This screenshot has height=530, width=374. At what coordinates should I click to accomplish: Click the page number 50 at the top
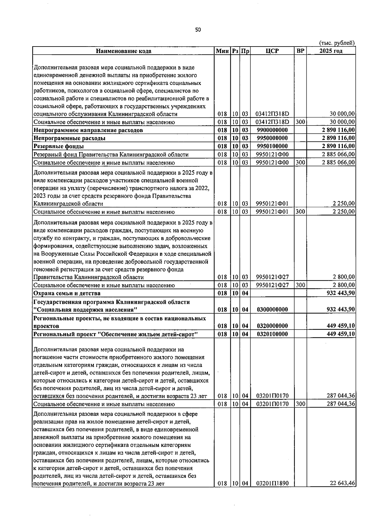(x=198, y=30)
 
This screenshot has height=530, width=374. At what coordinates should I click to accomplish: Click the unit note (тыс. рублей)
(x=337, y=43)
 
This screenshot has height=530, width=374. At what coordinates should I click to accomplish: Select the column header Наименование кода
(x=123, y=51)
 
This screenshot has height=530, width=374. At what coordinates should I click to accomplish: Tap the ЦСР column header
(x=272, y=51)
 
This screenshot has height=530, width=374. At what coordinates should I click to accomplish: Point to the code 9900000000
(x=272, y=130)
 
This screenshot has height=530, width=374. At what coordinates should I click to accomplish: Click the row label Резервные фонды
(x=59, y=146)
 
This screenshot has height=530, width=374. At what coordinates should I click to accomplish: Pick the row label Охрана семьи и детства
(x=67, y=293)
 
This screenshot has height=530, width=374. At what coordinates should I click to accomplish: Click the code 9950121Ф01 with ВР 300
(x=272, y=212)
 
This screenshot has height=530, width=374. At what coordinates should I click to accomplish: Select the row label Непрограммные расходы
(x=70, y=138)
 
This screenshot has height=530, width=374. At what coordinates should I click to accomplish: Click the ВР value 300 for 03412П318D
(x=300, y=122)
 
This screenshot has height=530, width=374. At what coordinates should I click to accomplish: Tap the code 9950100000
(x=272, y=146)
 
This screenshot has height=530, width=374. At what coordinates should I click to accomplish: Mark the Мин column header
(x=222, y=51)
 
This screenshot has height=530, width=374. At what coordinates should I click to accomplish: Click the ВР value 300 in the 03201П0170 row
(x=300, y=404)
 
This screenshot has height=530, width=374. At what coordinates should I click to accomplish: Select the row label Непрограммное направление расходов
(x=88, y=130)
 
